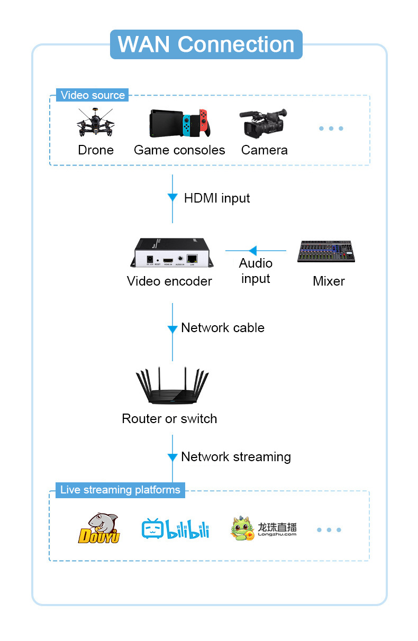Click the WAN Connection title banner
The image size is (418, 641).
pyautogui.click(x=206, y=44)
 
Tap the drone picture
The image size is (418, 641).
pyautogui.click(x=95, y=123)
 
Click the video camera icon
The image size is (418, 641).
pyautogui.click(x=263, y=123)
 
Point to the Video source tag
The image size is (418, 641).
pyautogui.click(x=93, y=95)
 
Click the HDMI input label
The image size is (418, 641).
pyautogui.click(x=216, y=198)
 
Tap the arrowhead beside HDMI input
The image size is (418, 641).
pyautogui.click(x=172, y=197)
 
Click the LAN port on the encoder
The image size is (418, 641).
pyautogui.click(x=192, y=259)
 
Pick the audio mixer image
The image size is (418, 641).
pyautogui.click(x=326, y=252)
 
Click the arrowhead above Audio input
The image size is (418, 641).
pyautogui.click(x=252, y=251)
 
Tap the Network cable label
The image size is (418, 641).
pyautogui.click(x=222, y=328)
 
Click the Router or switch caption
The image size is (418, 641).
pyautogui.click(x=169, y=419)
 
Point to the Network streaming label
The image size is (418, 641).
pyautogui.click(x=235, y=457)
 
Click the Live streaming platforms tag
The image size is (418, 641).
pyautogui.click(x=120, y=490)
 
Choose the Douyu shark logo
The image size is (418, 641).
pyautogui.click(x=99, y=528)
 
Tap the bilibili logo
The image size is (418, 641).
pyautogui.click(x=175, y=529)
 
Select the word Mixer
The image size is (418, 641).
pyautogui.click(x=329, y=281)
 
